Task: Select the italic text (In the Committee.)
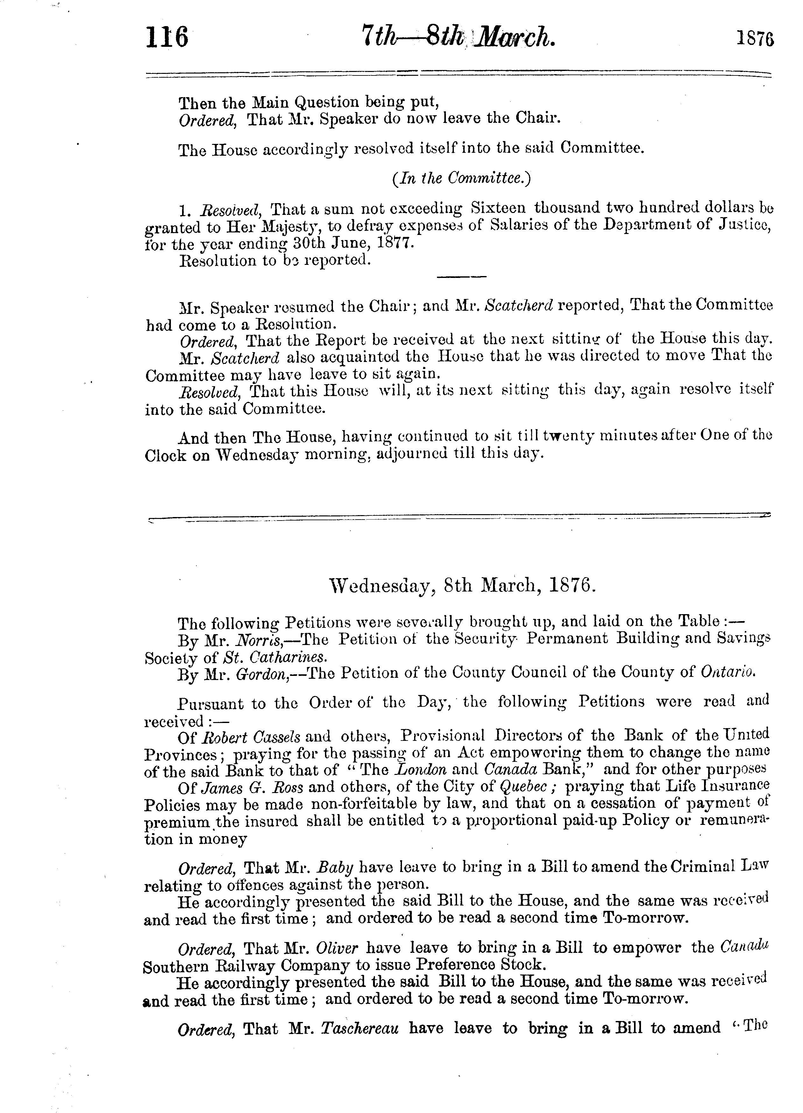point(461,179)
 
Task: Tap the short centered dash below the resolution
point(461,277)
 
